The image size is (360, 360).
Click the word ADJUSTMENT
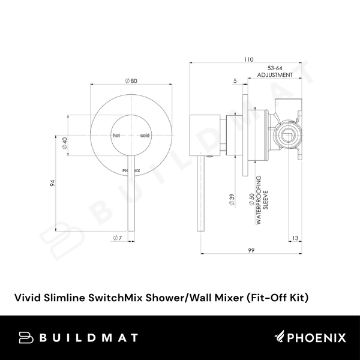tap(274, 76)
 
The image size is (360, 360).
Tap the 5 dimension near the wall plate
tap(235, 81)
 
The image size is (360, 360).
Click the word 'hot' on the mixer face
tap(117, 136)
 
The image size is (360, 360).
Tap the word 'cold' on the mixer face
tap(145, 136)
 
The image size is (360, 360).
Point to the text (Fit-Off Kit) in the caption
tap(281, 296)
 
